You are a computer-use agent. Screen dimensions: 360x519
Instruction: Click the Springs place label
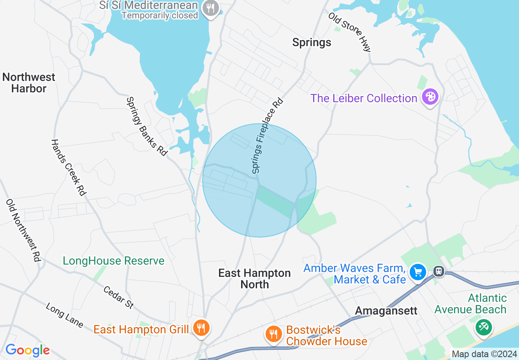tap(311, 42)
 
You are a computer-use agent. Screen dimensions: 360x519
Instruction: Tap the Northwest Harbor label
tap(29, 83)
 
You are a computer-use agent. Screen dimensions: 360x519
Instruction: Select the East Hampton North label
tap(255, 279)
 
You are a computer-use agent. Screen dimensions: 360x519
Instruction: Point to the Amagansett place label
tap(386, 310)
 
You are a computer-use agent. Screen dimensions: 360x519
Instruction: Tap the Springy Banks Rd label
tap(147, 126)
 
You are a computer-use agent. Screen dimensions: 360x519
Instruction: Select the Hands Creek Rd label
tap(68, 167)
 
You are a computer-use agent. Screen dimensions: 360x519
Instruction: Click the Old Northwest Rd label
tap(23, 230)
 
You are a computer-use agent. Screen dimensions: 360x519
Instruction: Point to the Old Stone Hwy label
tap(350, 32)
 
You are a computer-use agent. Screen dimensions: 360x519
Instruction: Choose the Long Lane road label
tap(64, 315)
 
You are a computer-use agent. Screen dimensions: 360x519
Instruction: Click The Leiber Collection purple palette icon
tap(430, 97)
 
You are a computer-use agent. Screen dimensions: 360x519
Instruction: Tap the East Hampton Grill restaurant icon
tap(201, 328)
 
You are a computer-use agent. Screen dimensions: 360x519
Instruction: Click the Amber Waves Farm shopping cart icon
tap(418, 272)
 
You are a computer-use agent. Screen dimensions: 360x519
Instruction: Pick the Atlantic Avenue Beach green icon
tap(484, 327)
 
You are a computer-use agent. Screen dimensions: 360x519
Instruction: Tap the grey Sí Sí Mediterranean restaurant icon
tap(211, 8)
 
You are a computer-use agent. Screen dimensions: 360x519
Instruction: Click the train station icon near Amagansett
tap(439, 271)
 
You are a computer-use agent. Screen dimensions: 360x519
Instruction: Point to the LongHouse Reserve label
tap(113, 261)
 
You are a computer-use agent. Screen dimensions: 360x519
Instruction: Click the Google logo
tap(27, 350)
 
